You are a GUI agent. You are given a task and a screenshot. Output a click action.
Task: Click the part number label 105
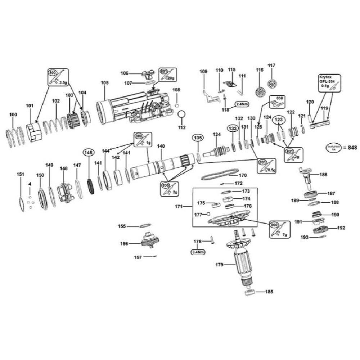coord(104,83)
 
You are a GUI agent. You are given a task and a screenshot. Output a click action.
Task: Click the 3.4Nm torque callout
coord(198,252)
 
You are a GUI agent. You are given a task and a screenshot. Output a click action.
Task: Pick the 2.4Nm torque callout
coord(241,104)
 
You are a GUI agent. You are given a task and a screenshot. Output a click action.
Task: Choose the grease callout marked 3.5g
coord(58,77)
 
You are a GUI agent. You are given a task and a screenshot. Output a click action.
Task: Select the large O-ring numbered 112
coord(182,114)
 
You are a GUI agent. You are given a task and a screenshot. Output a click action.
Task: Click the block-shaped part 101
coord(34,132)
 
